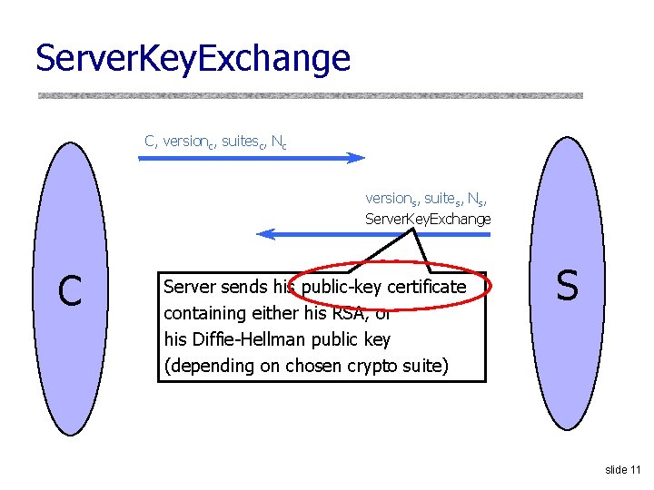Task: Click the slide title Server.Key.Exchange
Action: coord(193,59)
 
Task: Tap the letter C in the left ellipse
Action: coord(69,290)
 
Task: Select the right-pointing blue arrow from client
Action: coord(251,158)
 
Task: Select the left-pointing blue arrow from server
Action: coord(373,234)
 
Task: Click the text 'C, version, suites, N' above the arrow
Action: coord(215,142)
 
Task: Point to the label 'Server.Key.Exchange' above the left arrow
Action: coord(427,219)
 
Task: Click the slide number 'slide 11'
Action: coord(623,469)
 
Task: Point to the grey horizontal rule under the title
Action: coord(310,94)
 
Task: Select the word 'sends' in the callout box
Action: coord(243,287)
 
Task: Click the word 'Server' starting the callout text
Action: coord(189,287)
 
